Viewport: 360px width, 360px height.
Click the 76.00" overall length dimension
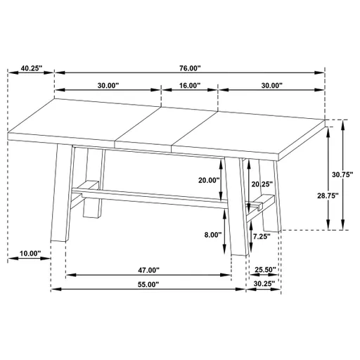point(190,68)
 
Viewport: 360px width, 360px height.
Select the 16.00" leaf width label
point(190,86)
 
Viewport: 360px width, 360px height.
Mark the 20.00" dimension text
point(210,180)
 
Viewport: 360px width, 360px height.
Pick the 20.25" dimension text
point(262,184)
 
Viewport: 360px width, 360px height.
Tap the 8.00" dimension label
point(212,235)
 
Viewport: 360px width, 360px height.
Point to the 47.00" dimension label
point(148,270)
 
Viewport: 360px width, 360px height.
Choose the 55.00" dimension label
point(148,285)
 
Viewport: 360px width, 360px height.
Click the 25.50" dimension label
point(265,270)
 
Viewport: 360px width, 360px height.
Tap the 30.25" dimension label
point(265,285)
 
